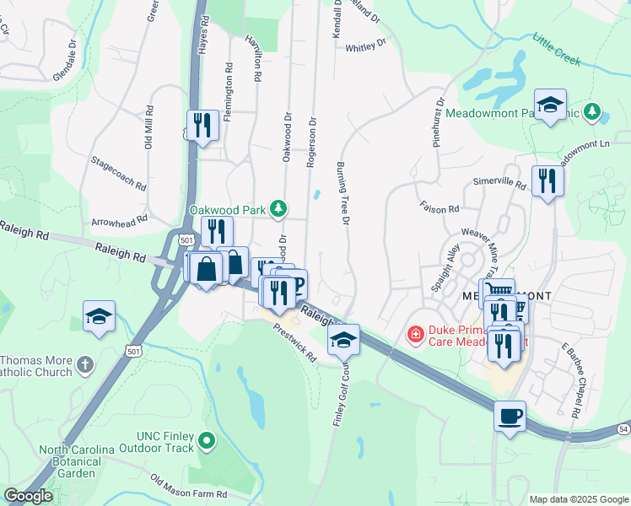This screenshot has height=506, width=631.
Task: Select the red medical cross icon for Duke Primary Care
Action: coord(415,336)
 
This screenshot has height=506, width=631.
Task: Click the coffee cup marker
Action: coord(510,416)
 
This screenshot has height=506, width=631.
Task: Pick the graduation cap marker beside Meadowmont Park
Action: coord(550,105)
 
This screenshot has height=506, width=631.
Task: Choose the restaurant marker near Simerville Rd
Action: coord(547,180)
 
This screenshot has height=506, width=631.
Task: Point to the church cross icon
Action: coord(84,365)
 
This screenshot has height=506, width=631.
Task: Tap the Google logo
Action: coord(28,496)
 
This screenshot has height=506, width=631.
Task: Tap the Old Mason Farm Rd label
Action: coord(190,489)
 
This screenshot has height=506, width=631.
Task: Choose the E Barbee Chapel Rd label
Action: coord(569,379)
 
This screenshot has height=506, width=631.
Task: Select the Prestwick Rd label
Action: coord(294,343)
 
